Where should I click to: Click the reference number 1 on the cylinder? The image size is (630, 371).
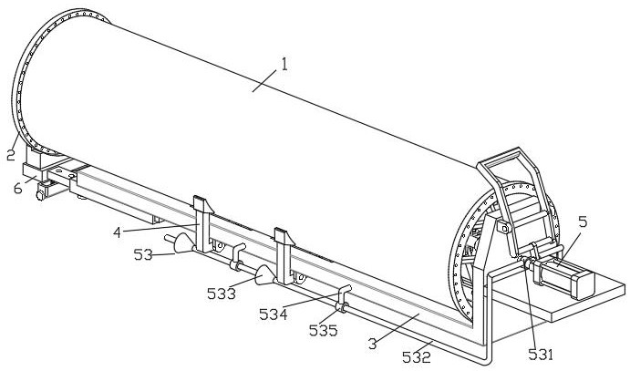point(284,64)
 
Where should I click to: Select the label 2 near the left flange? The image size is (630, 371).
point(11,155)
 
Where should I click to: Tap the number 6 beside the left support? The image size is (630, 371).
point(17,188)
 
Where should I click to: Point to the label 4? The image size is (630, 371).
point(117,232)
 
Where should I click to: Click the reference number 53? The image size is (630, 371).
point(143,254)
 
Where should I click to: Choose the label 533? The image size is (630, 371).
point(222,294)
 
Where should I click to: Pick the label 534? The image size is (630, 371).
point(274,314)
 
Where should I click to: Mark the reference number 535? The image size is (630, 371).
point(323,330)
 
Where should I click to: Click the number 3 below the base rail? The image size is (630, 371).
point(373,344)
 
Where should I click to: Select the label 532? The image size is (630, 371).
point(417,357)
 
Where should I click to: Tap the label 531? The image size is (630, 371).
point(541,354)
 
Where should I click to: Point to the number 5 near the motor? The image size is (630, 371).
point(583,222)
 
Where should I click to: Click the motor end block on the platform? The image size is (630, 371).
point(583,285)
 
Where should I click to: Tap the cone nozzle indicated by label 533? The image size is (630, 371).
point(264,275)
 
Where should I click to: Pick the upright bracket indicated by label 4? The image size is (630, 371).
point(203,224)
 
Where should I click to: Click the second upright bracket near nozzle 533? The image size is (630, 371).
point(284,256)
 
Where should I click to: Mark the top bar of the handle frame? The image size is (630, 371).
point(498,156)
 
